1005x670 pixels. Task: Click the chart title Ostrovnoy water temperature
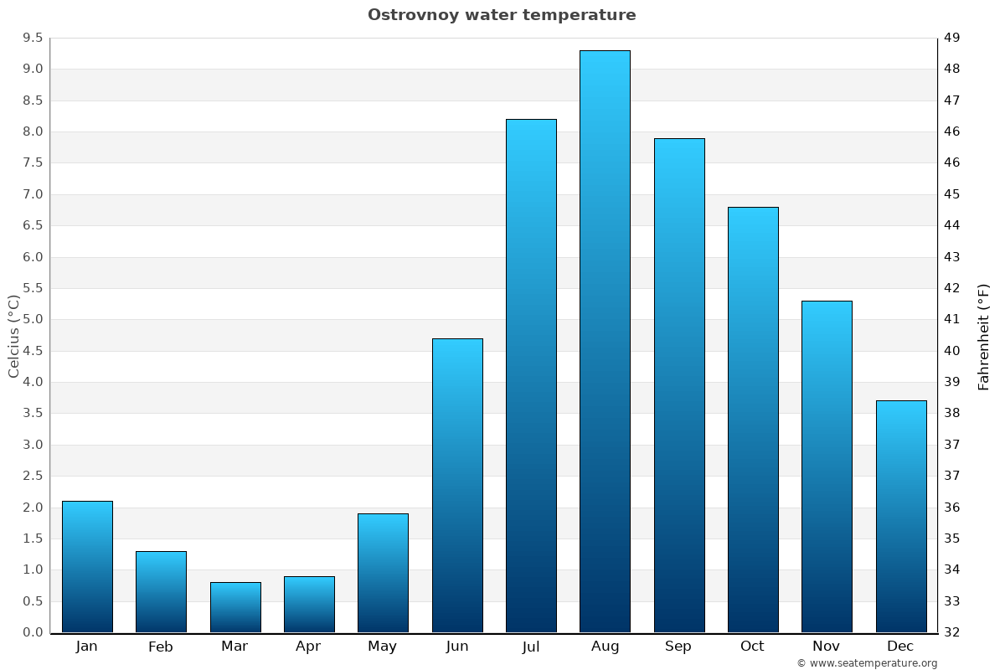(502, 15)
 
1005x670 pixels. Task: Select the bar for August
(605, 342)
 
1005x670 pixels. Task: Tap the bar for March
(235, 607)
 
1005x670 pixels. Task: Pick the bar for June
(457, 486)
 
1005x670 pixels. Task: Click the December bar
(901, 517)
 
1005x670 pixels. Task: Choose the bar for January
(87, 567)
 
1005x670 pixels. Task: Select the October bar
(753, 420)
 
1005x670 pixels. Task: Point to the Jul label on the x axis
(531, 647)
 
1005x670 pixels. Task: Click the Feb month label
(161, 647)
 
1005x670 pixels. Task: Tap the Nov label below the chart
(827, 647)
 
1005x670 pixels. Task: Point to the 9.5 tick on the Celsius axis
(33, 38)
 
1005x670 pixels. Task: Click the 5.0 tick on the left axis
(33, 320)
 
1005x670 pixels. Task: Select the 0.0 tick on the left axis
(33, 632)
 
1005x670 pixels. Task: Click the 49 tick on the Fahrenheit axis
(952, 38)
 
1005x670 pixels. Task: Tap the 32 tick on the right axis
(952, 632)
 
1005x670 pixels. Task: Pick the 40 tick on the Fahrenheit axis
(952, 351)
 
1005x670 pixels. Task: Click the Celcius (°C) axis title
(13, 336)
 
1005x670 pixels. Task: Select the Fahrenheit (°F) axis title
(984, 336)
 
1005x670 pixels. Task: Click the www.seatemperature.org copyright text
(867, 663)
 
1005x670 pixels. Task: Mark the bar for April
(309, 605)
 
